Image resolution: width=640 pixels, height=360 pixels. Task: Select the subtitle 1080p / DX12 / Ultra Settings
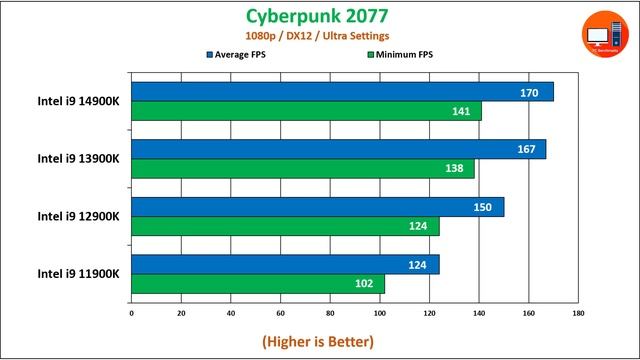point(319,36)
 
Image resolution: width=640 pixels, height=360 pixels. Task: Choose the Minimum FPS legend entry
point(404,55)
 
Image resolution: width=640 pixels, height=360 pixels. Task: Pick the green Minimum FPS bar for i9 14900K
point(306,111)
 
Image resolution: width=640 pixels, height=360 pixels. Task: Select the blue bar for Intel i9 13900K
point(338,149)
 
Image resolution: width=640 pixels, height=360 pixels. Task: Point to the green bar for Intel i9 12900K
point(285,226)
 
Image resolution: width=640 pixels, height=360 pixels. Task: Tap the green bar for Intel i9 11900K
point(258,284)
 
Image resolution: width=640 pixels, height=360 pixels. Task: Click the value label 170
point(530,93)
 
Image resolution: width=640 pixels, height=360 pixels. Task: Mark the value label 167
point(522,150)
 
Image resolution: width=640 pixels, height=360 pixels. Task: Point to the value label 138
point(454,169)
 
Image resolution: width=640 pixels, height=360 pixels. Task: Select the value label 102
point(365,284)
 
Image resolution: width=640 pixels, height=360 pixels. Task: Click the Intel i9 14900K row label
point(79,100)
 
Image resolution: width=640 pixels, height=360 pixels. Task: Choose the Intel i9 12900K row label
point(79,215)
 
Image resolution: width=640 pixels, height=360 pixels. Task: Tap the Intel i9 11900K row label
point(79,273)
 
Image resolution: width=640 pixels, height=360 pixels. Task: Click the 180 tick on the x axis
point(578,312)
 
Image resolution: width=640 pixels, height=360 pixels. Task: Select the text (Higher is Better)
point(318,341)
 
